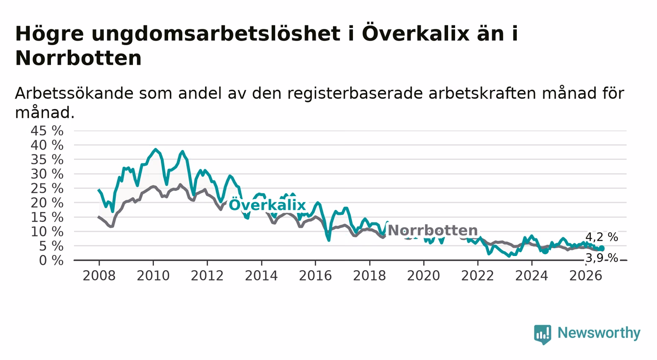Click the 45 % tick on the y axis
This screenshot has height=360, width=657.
[47, 131]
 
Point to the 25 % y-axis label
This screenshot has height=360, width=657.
[47, 188]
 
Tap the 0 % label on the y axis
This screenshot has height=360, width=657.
[51, 260]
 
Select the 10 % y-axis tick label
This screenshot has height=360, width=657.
[47, 232]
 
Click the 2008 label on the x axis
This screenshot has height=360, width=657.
[99, 276]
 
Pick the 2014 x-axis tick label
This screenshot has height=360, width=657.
[261, 276]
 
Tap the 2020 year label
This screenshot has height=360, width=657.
[424, 276]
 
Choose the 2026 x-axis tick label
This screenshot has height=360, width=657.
[586, 276]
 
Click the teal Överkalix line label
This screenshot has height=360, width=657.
[267, 205]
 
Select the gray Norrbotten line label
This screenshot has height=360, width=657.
[433, 231]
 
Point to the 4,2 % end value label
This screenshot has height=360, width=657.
[602, 237]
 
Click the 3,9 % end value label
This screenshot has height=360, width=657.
[602, 258]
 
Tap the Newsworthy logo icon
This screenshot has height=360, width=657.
[543, 334]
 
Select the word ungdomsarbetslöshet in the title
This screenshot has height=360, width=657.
[216, 34]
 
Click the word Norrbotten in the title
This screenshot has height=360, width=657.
[78, 58]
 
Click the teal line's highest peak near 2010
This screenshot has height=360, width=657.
[155, 149]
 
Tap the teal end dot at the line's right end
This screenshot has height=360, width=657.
[602, 249]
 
